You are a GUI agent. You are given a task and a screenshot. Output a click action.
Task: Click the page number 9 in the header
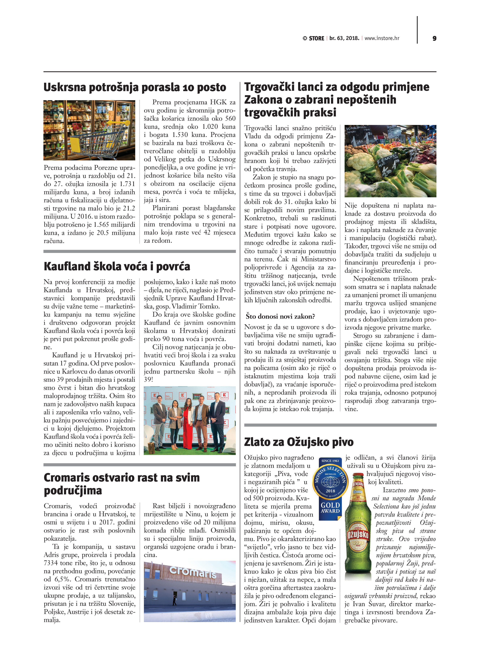(434, 39)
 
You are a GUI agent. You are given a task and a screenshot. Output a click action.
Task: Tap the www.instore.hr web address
(382, 38)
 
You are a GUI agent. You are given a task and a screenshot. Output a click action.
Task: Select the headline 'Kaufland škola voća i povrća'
(117, 266)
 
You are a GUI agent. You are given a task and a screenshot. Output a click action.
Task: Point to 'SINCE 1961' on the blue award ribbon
(330, 461)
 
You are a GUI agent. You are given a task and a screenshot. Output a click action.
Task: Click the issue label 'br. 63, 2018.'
(344, 38)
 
